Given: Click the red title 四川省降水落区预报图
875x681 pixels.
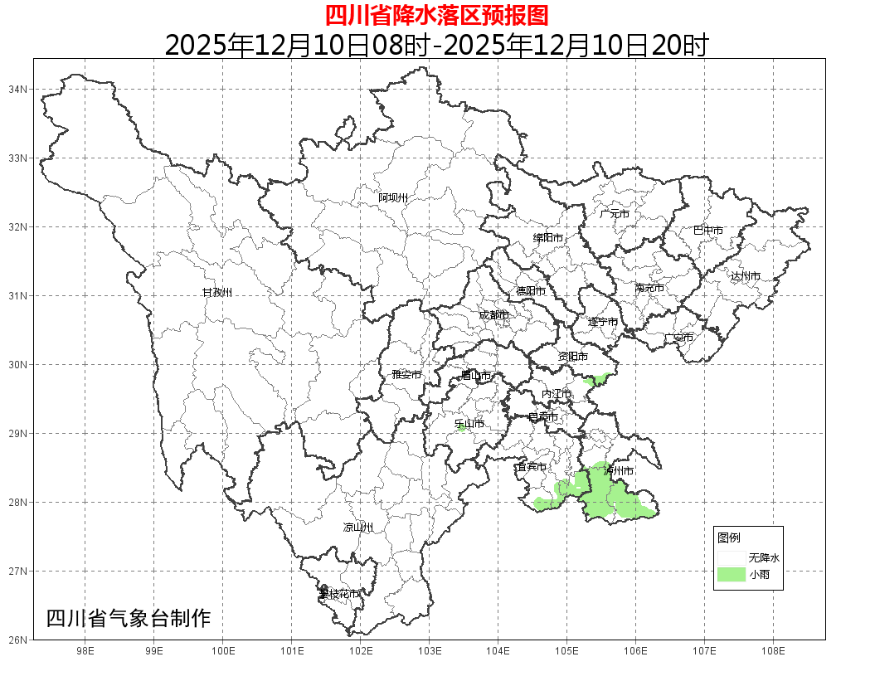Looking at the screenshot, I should (x=436, y=15).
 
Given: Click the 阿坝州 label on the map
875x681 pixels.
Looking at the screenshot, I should (x=393, y=197).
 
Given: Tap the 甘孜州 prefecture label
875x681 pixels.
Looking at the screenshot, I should (x=217, y=293).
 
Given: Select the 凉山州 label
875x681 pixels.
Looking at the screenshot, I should (x=358, y=528).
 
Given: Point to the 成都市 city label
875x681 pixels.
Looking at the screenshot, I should (x=493, y=315).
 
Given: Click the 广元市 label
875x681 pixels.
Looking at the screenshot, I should (x=615, y=214).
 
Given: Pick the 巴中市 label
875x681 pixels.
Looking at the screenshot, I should (x=708, y=231).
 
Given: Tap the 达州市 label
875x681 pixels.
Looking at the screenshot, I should (x=746, y=276).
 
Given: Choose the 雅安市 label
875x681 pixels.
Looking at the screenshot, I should (x=406, y=375).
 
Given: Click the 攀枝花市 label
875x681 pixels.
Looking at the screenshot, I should (x=340, y=594).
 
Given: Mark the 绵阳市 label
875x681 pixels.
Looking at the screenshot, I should (x=548, y=238).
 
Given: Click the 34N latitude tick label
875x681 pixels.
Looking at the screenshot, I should (x=18, y=89).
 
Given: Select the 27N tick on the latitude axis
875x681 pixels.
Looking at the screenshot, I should (x=18, y=571).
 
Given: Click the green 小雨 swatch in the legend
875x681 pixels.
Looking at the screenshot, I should (x=732, y=575).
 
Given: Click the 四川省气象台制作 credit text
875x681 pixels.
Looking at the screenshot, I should (x=129, y=618).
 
